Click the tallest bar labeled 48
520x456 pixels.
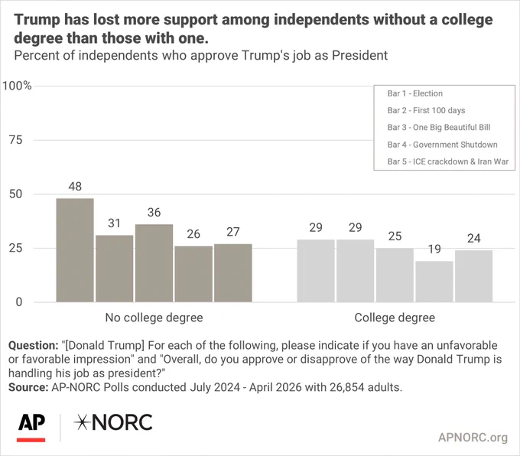[75, 250]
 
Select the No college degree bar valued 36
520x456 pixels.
[154, 263]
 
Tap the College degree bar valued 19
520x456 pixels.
[434, 282]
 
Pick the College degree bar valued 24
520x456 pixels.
[473, 276]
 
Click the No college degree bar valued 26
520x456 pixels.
[193, 274]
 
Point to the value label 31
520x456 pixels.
[114, 223]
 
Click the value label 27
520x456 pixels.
[232, 232]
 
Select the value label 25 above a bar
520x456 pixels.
[395, 236]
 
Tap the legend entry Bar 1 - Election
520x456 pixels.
[415, 93]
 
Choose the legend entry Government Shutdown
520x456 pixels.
[443, 145]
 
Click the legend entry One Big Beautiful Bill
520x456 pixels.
[439, 128]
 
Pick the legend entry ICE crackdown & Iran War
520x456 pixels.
[447, 161]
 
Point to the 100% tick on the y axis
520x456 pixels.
[17, 86]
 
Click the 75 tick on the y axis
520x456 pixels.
[15, 140]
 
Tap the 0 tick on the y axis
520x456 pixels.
[19, 302]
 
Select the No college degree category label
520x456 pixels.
[154, 318]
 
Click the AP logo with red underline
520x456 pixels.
[31, 428]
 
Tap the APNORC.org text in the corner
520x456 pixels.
[473, 438]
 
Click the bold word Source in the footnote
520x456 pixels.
[28, 387]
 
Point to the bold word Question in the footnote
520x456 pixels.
[34, 346]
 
